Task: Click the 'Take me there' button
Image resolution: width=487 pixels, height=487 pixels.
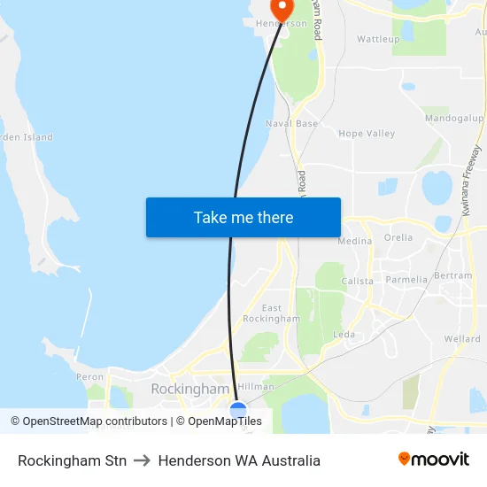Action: click(x=243, y=217)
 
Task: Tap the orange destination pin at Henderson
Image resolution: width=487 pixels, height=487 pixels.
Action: click(x=282, y=9)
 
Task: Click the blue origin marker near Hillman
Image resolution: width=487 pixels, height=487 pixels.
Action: click(x=237, y=409)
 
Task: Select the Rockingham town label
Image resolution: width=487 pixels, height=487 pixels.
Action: click(x=189, y=389)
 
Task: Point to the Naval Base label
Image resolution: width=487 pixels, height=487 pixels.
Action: click(x=291, y=123)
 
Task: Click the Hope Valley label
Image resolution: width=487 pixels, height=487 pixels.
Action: click(x=367, y=134)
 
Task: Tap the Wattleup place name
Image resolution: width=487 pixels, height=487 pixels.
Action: click(x=378, y=39)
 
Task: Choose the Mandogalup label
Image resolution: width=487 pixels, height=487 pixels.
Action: click(x=453, y=118)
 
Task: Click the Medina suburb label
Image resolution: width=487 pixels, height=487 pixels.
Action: click(x=354, y=241)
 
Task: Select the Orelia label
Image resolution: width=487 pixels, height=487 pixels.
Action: click(x=398, y=237)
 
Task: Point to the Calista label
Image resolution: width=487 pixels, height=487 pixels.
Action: click(x=358, y=281)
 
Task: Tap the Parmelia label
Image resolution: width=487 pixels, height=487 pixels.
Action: click(x=406, y=280)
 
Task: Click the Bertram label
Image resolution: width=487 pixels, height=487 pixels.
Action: click(x=454, y=276)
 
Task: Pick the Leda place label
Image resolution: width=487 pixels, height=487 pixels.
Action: click(x=344, y=334)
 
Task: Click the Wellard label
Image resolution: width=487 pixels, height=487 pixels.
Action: click(x=462, y=339)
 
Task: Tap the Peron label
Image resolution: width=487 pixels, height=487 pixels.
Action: click(x=89, y=377)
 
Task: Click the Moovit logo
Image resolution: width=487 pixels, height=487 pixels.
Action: click(x=433, y=460)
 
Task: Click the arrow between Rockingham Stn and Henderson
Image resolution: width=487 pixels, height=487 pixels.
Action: click(x=142, y=460)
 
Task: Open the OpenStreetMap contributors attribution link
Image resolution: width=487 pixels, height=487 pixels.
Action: click(x=93, y=421)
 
